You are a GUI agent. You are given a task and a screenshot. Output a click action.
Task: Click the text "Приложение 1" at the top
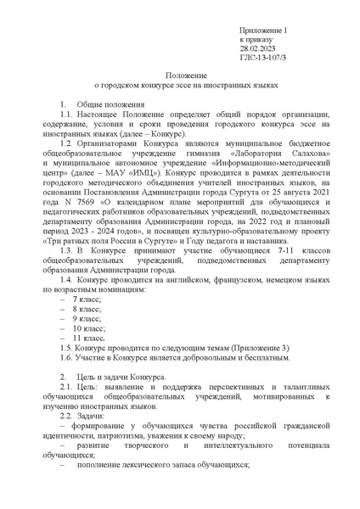(x=264, y=31)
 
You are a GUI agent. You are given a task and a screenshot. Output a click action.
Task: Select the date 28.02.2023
(x=257, y=49)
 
